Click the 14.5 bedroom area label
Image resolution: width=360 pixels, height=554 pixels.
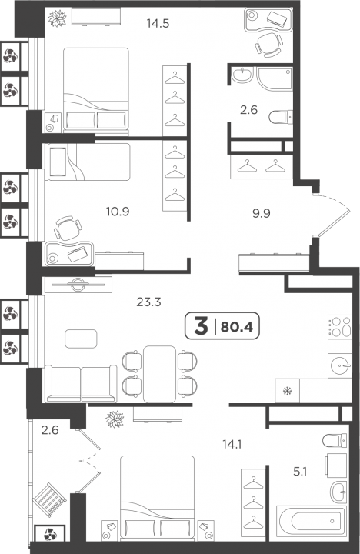[x=158, y=24]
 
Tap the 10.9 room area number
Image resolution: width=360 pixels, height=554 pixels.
[x=118, y=212]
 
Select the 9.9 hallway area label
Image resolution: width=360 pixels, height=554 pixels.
[x=261, y=213]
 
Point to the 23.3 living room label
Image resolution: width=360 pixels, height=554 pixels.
[x=148, y=302]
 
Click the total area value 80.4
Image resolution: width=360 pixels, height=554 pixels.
[x=237, y=328]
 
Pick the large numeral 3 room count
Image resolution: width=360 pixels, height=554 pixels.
[x=201, y=326]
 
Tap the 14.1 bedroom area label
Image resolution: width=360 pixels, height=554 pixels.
[x=232, y=444]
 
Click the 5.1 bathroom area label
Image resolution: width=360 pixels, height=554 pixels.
[x=300, y=472]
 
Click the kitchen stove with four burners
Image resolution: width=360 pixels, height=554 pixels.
[x=340, y=326]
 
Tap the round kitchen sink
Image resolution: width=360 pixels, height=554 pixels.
[x=340, y=365]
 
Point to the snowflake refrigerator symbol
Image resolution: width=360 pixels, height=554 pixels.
[x=288, y=391]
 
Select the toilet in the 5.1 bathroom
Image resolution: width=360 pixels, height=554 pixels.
[x=335, y=440]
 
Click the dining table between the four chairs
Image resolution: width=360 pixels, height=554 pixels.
[x=160, y=374]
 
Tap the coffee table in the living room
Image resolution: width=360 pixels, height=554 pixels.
[x=81, y=339]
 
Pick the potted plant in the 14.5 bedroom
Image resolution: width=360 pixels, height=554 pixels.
[x=57, y=18]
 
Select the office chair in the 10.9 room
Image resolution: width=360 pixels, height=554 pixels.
[x=68, y=229]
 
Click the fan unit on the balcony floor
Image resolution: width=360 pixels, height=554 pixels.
[x=50, y=533]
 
